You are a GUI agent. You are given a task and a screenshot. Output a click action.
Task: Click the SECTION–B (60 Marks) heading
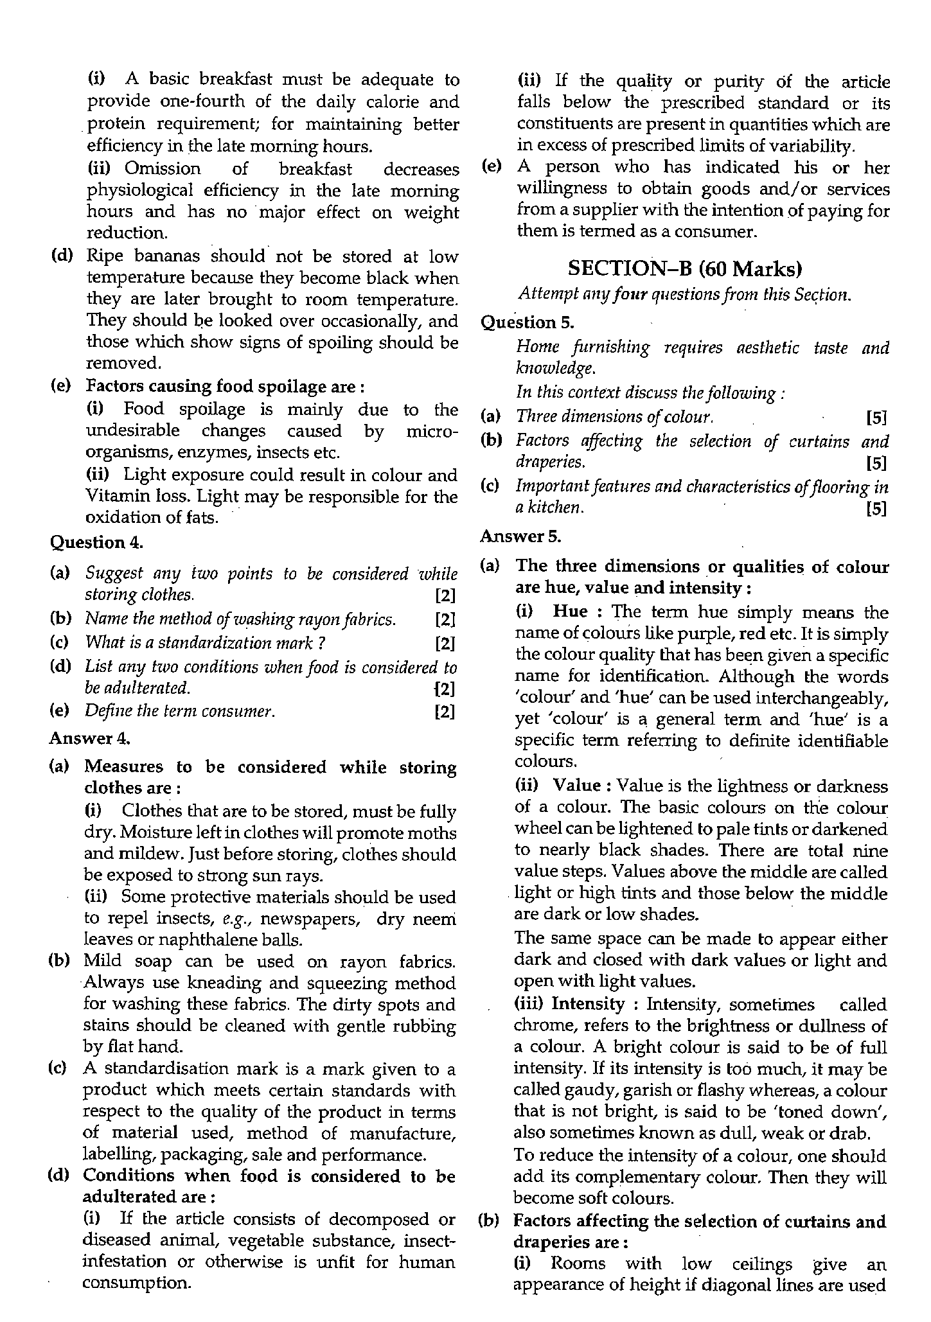[x=685, y=268]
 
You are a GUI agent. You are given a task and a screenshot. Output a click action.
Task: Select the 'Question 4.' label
[x=96, y=542]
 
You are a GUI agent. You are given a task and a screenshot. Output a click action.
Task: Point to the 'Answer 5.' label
[x=520, y=535]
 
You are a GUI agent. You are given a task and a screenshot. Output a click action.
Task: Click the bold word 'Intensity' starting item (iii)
[x=587, y=1004]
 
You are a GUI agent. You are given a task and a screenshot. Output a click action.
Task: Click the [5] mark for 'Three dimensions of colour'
[x=876, y=418]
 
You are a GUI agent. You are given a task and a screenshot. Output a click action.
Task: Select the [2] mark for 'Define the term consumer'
[x=445, y=712]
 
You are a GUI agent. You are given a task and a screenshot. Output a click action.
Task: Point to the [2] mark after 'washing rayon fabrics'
[x=445, y=619]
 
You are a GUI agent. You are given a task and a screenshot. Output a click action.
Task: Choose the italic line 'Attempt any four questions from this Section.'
[x=684, y=295]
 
